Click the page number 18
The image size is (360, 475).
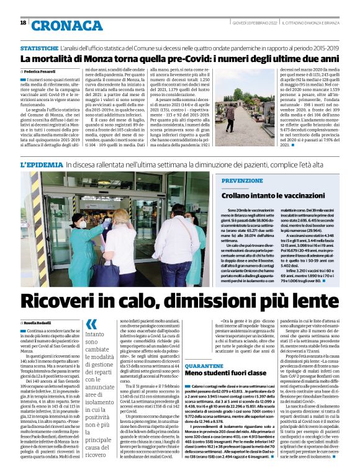point(23,22)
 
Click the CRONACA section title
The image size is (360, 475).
point(66,25)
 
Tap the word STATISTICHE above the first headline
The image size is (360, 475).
point(39,48)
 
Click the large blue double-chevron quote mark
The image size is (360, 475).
point(91,324)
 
